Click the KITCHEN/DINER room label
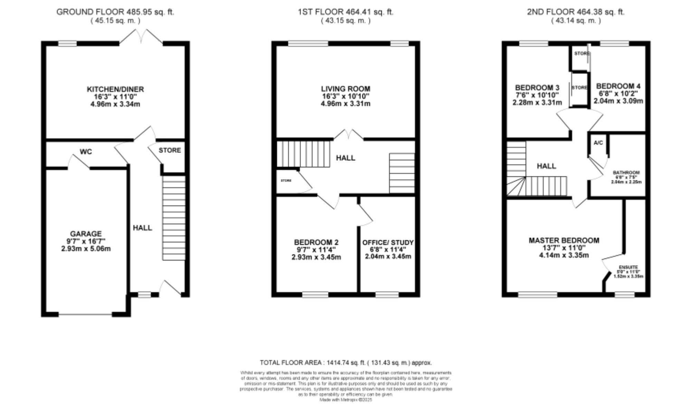[115, 89]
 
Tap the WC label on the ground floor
[86, 152]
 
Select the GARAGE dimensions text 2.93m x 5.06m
[86, 249]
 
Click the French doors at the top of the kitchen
[141, 37]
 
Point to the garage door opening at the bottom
[85, 314]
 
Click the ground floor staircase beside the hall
[174, 218]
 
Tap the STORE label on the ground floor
[170, 150]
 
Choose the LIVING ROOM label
[345, 89]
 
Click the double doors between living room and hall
[349, 135]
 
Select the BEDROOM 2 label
[316, 242]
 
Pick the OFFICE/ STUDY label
[388, 243]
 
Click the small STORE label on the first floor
[286, 181]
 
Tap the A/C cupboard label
[598, 143]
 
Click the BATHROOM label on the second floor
[626, 172]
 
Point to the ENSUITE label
[628, 267]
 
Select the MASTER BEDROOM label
[564, 240]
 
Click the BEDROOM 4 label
[618, 86]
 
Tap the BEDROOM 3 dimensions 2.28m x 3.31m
[537, 103]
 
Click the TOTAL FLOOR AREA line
[345, 363]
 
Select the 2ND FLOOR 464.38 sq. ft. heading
[576, 12]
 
